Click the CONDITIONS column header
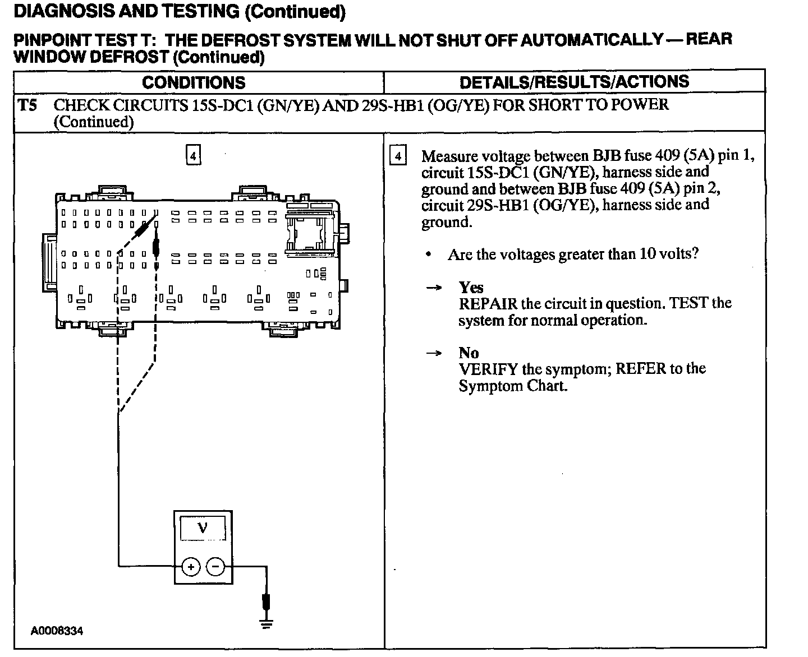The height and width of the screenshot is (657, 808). click(x=194, y=83)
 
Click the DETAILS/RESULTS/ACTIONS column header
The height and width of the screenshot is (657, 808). click(x=574, y=82)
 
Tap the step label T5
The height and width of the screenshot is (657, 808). click(x=27, y=105)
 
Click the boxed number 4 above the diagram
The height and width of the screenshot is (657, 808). click(x=193, y=155)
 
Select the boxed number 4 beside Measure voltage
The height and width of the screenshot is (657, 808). click(x=398, y=155)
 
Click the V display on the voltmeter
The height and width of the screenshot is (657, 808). click(x=203, y=528)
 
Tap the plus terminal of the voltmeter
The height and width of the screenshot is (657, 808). click(x=191, y=567)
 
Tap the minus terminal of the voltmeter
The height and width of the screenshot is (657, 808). click(x=215, y=567)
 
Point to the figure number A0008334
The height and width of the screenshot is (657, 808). click(x=57, y=631)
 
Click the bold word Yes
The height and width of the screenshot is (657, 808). click(x=471, y=288)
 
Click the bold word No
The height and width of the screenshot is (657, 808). click(x=469, y=353)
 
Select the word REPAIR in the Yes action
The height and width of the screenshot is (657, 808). click(x=488, y=304)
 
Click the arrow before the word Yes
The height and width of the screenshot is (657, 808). click(x=434, y=288)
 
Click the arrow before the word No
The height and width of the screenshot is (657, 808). click(x=434, y=353)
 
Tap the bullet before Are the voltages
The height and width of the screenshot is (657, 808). click(x=429, y=255)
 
